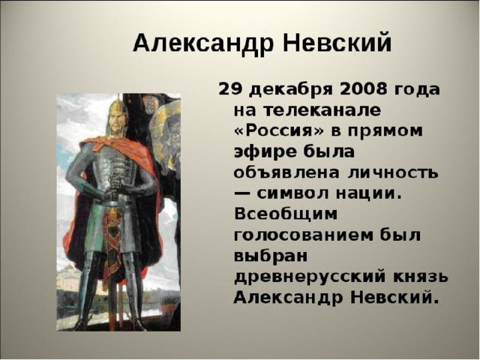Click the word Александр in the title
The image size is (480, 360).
202,43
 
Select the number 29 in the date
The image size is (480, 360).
230,90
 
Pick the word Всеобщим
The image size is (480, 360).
286,214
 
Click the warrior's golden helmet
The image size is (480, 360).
118,107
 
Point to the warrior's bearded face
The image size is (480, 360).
117,125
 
